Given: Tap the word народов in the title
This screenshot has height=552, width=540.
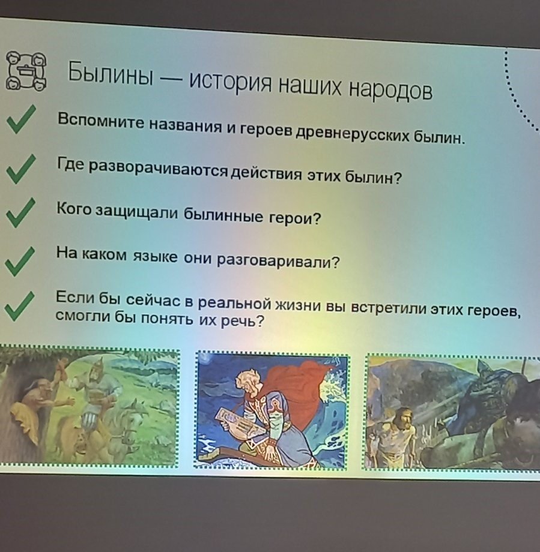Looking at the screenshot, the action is [x=390, y=91].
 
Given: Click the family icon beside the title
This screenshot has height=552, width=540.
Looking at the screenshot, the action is [x=26, y=70].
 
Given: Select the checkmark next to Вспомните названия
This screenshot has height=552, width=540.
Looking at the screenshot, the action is [x=21, y=119].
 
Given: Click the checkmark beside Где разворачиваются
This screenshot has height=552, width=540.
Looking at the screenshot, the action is [x=21, y=169].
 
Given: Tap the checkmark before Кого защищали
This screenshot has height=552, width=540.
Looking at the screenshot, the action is [x=20, y=212].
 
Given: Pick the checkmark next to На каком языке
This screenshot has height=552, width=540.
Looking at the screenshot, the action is [x=20, y=261].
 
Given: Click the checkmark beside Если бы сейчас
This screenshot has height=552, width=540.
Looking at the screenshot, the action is [x=19, y=306].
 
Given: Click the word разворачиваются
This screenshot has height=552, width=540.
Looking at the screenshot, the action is [x=158, y=169].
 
